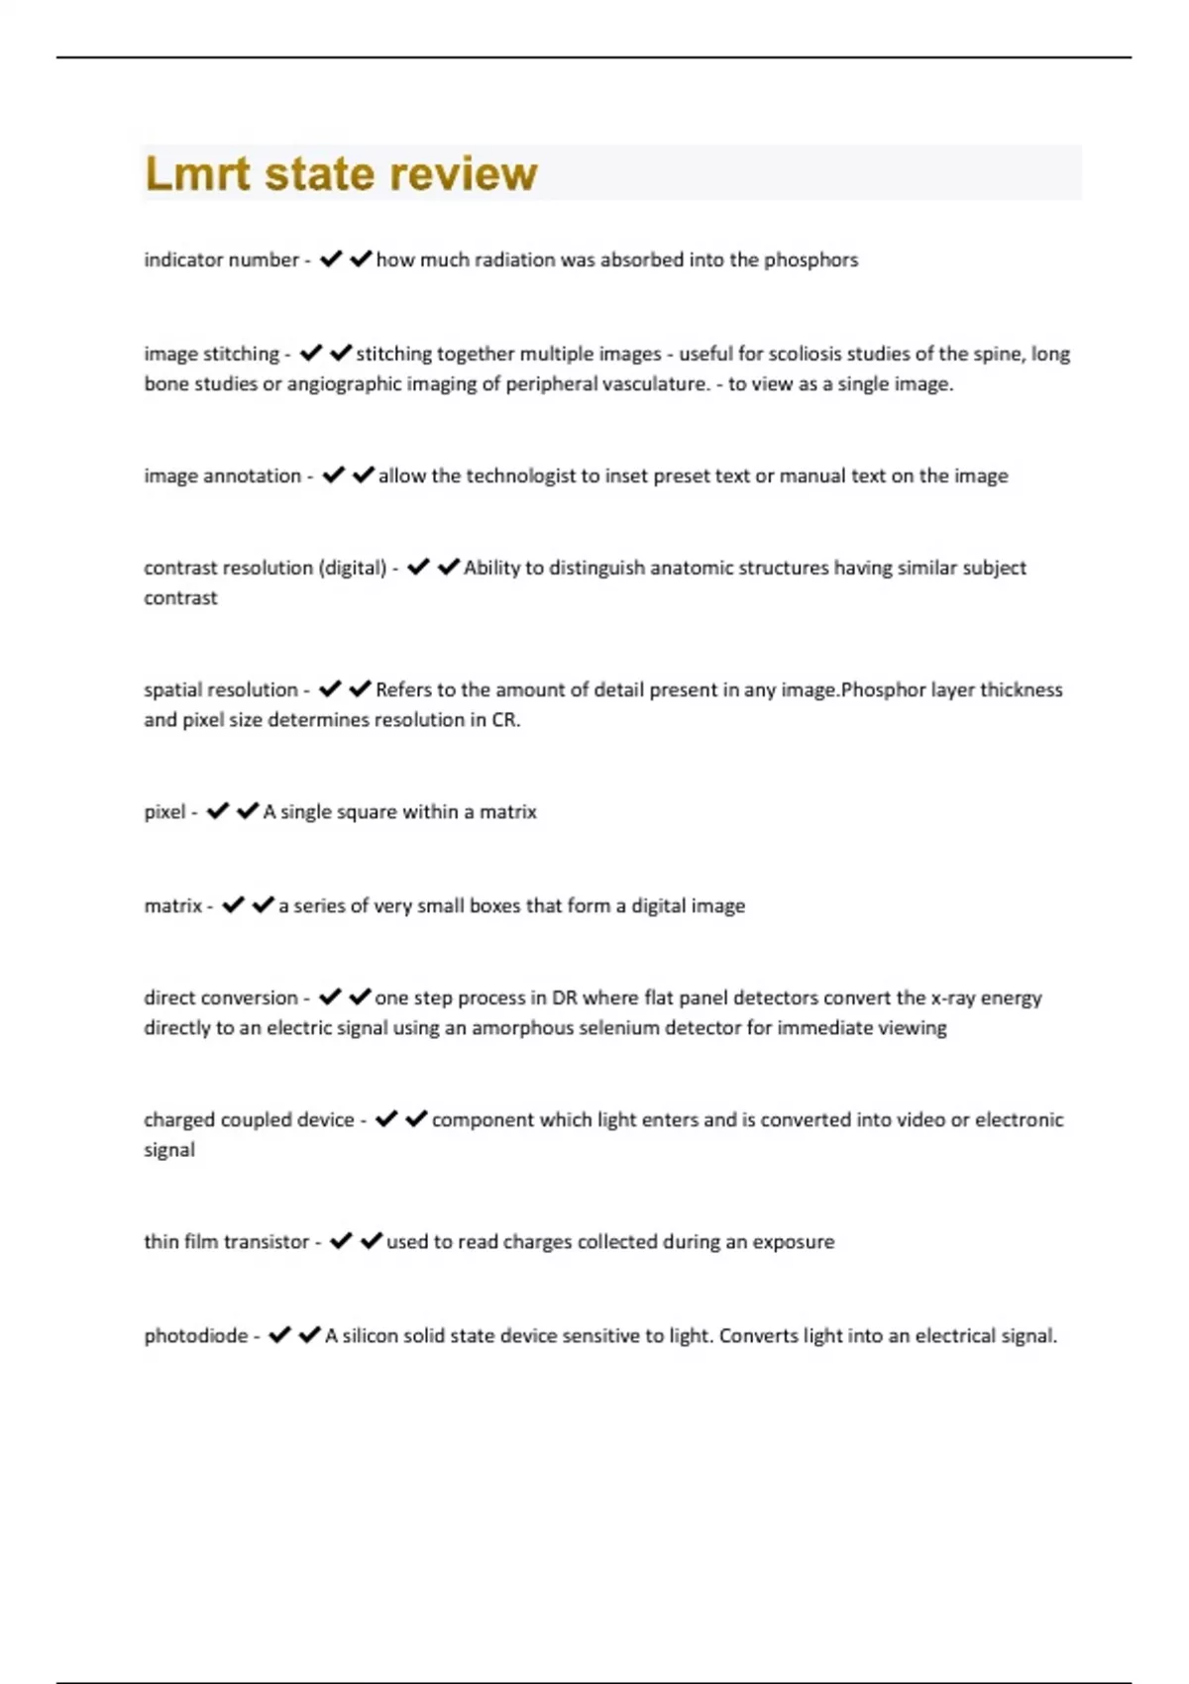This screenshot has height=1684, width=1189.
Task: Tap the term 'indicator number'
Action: point(221,260)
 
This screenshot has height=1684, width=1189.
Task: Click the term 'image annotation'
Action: point(222,475)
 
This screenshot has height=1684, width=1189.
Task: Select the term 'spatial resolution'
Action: point(220,689)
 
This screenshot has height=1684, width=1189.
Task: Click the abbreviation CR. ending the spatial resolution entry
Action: point(505,720)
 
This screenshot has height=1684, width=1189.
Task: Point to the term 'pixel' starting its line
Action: point(164,812)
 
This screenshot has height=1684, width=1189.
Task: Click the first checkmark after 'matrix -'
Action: point(233,905)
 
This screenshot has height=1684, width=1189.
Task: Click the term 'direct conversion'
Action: point(220,998)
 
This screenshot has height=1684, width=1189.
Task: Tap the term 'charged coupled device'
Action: point(249,1119)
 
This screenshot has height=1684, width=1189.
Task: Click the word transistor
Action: point(267,1242)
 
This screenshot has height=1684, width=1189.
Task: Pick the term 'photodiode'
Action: point(196,1335)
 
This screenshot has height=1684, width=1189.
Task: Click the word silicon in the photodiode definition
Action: point(370,1335)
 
